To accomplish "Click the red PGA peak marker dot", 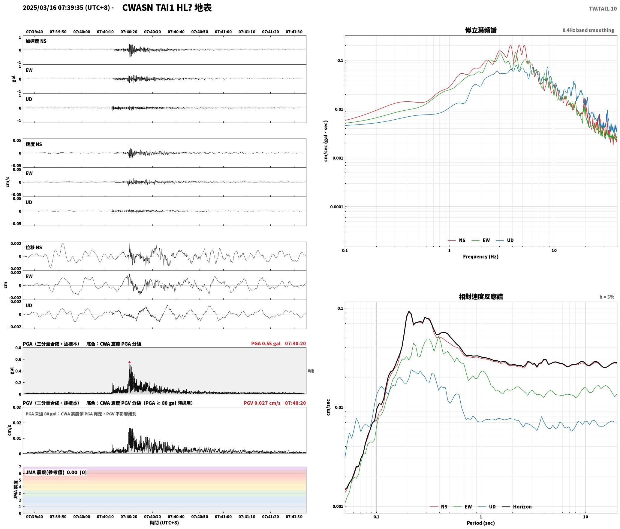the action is pos(129,362).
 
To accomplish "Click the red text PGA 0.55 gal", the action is pos(266,344).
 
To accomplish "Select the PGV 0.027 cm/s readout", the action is pos(262,403).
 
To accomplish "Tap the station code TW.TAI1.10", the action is pos(603,9).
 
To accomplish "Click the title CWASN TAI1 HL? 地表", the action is pos(167,8).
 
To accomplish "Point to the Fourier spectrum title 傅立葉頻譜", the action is pos(481,30).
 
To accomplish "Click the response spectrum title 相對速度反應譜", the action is pos(481,297).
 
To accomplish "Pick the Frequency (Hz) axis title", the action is pos(481,257).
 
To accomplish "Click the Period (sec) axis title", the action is pos(481,523).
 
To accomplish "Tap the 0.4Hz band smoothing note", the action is pos(588,30).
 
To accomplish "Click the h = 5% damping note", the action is pos(607,297).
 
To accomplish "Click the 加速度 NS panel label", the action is pos(36,41).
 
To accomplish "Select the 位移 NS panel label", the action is pos(34,247).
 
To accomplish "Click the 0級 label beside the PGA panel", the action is pos(311,371).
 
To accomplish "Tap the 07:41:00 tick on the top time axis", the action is pos(223,32).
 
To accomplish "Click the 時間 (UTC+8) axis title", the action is pos(164,523).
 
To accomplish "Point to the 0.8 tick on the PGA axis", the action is pos(18,348).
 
